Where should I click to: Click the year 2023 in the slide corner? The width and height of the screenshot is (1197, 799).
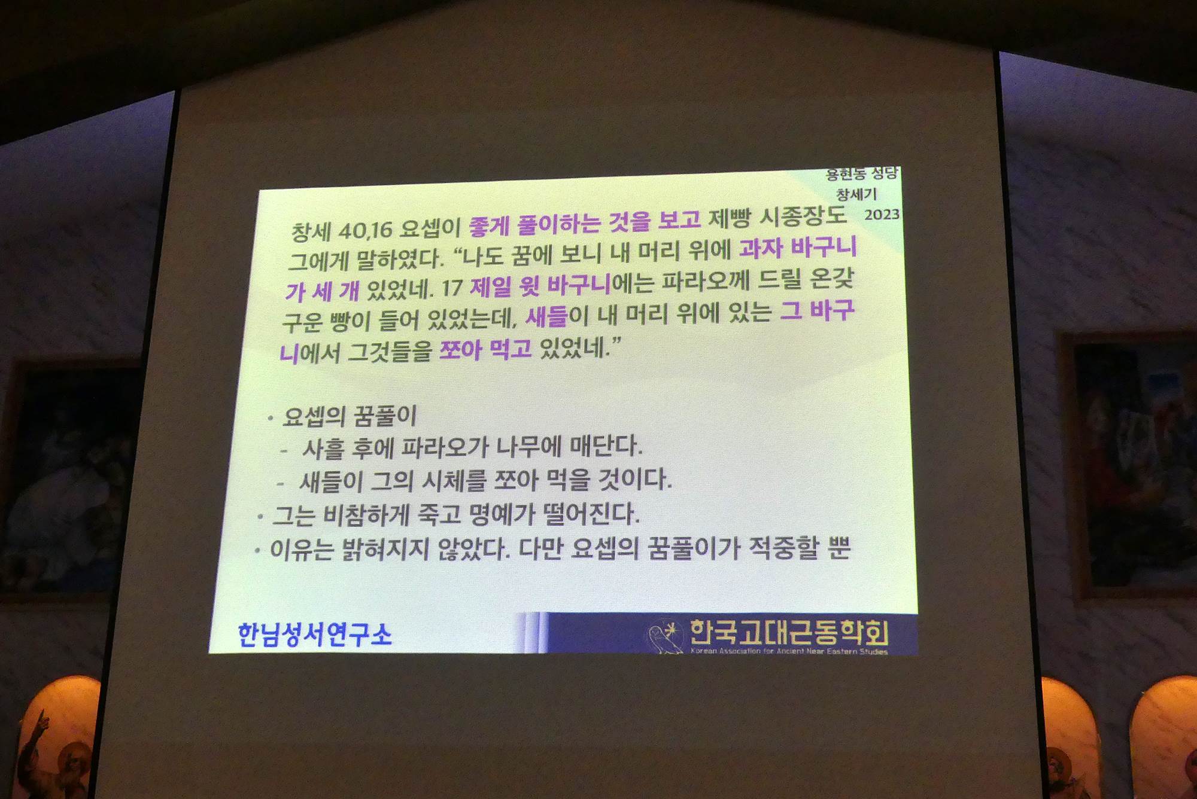(882, 214)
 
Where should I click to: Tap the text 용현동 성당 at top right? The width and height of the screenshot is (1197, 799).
(862, 174)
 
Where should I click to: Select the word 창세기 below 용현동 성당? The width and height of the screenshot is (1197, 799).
(856, 194)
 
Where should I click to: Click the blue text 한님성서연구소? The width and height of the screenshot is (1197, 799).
(315, 635)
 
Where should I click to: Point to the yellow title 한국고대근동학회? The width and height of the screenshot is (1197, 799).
(789, 632)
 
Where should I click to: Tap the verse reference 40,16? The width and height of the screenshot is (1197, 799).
(365, 230)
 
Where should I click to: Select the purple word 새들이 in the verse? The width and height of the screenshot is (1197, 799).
(557, 316)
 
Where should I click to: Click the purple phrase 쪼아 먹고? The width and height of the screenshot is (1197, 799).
(485, 349)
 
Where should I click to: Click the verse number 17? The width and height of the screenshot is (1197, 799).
(452, 288)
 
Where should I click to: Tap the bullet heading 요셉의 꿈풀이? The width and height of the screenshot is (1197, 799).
(350, 416)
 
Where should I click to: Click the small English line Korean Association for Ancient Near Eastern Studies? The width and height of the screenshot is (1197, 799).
(789, 651)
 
